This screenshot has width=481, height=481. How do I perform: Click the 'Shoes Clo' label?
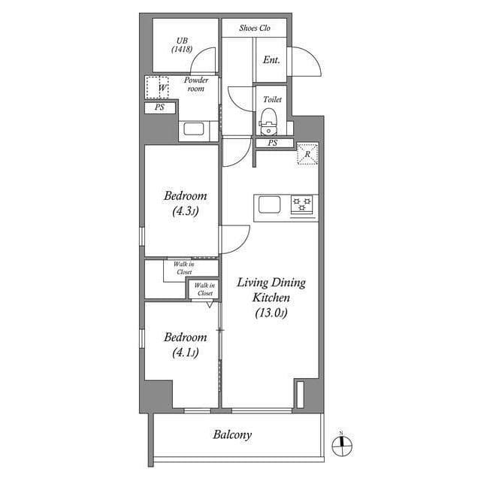[255, 29]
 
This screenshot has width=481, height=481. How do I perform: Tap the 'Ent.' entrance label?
[271, 60]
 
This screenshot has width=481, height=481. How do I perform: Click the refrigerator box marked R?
[307, 154]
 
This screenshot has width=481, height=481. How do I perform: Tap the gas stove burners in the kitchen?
[302, 205]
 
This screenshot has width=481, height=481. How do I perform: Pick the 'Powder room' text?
[195, 83]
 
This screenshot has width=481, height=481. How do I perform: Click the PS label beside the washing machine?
[159, 108]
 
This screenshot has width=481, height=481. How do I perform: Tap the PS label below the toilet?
[272, 143]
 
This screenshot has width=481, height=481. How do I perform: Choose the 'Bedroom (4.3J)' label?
[185, 204]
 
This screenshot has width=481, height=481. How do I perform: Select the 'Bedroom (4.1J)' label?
[185, 344]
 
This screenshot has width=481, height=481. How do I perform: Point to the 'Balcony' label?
[232, 434]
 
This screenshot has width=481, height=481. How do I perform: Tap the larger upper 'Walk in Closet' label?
[183, 268]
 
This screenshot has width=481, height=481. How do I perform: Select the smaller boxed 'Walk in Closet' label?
[204, 289]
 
